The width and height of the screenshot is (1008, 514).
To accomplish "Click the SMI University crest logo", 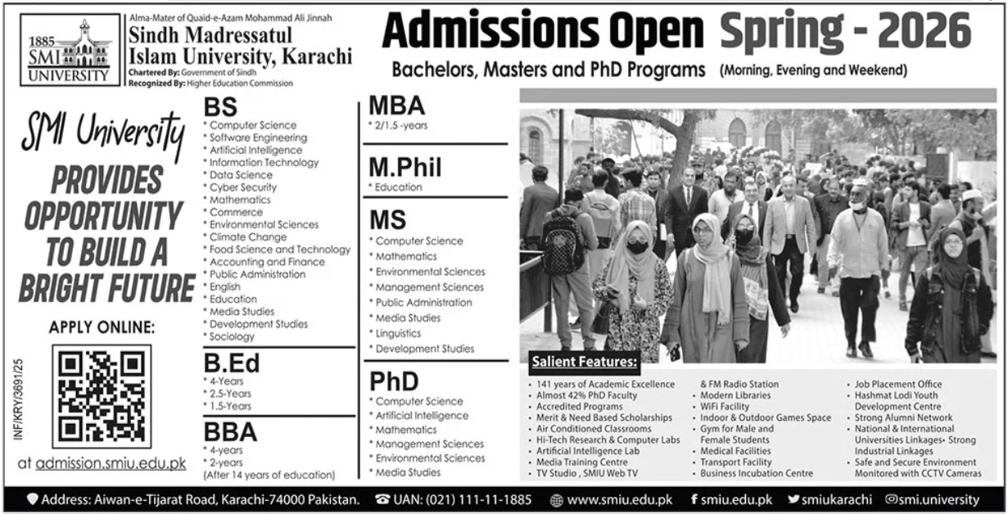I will pos(65,50).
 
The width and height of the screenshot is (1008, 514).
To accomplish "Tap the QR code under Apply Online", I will pos(102,396).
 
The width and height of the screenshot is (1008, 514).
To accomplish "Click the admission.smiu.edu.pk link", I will pos(111,464).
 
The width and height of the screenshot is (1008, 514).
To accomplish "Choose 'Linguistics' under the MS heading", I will pos(398,333).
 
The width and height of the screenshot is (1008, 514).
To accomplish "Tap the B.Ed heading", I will pos(233,363).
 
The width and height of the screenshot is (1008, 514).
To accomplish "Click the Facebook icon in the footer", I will pos(694,499).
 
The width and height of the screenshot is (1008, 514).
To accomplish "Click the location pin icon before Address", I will pos(34,499).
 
